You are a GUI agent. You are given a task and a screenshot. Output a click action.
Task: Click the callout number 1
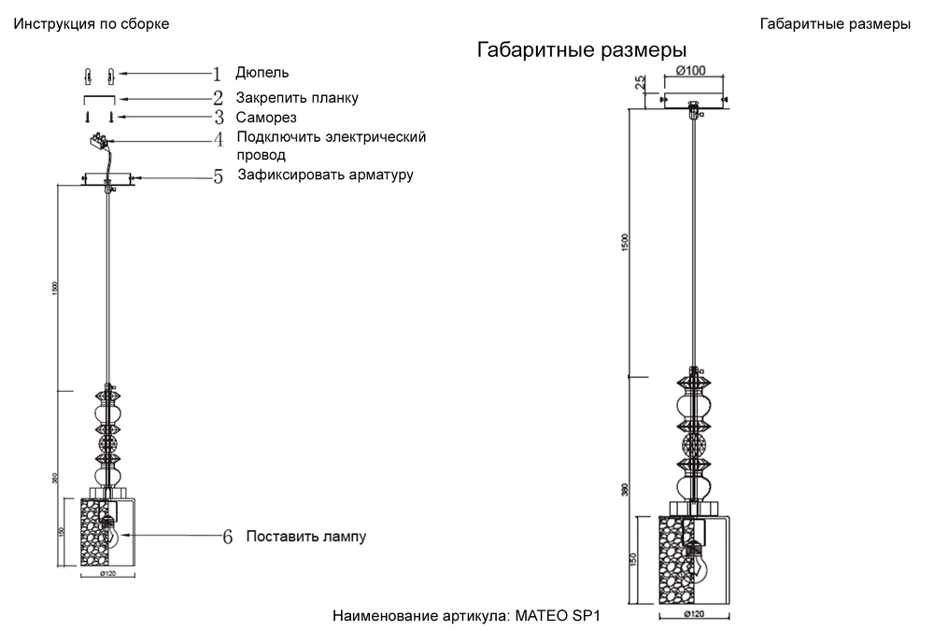tap(218, 74)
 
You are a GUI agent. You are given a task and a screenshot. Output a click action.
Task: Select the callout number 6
tap(227, 538)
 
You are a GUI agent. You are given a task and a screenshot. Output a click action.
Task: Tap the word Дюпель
tap(262, 73)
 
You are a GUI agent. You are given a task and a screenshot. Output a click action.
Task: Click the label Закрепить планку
tap(297, 97)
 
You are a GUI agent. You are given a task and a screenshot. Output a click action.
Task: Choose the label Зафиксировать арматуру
tap(325, 175)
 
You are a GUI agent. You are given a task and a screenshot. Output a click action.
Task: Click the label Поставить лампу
tap(306, 537)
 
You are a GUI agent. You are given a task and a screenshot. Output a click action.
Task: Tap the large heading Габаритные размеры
tap(582, 50)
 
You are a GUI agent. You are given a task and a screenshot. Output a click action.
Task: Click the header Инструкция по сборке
tap(91, 24)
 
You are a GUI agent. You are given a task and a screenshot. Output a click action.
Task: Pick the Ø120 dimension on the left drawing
tap(108, 574)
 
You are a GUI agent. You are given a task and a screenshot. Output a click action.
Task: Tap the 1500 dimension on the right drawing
tap(626, 243)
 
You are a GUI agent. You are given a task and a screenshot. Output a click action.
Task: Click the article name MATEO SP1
tap(556, 617)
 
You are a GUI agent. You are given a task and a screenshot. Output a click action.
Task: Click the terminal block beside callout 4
tap(97, 141)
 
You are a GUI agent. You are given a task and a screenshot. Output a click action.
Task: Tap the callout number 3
tap(218, 118)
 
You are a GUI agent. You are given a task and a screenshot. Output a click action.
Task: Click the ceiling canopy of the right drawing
tap(692, 100)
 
